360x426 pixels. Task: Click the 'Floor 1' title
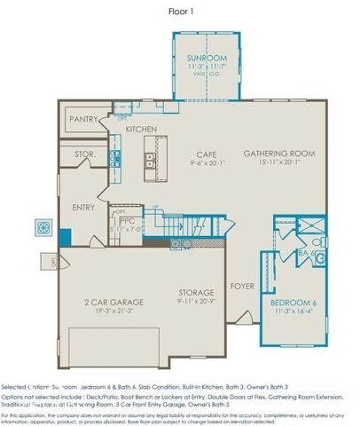(x=182, y=12)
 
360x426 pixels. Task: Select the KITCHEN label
(x=141, y=130)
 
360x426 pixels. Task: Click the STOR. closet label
(x=84, y=154)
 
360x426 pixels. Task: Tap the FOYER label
(x=242, y=286)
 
